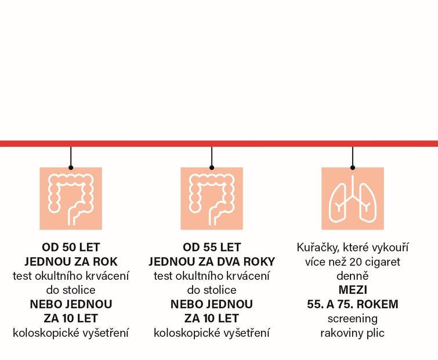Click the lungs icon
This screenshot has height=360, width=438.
[x=353, y=199]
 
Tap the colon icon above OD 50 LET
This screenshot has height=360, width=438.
[x=71, y=199]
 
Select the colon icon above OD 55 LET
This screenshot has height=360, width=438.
[x=212, y=199]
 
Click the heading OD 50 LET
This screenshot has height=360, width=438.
[x=71, y=247]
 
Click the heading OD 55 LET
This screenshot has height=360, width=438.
[x=212, y=247]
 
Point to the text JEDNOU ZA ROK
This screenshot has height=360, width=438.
[x=71, y=261]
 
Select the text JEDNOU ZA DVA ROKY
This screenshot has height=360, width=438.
[x=212, y=261]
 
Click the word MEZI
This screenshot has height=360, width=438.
[x=353, y=290]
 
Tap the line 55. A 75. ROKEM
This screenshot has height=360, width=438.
[x=353, y=304]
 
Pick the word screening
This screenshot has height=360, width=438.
[x=353, y=319]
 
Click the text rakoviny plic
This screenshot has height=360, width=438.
[x=353, y=333]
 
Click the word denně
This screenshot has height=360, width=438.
[x=353, y=276]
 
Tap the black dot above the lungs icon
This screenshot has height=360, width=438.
[x=353, y=167]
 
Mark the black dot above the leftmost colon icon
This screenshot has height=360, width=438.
[x=71, y=167]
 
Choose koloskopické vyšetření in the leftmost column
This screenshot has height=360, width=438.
[x=71, y=333]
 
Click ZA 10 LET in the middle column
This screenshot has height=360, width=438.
[x=212, y=318]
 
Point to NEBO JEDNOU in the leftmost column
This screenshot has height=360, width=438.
[x=71, y=304]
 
